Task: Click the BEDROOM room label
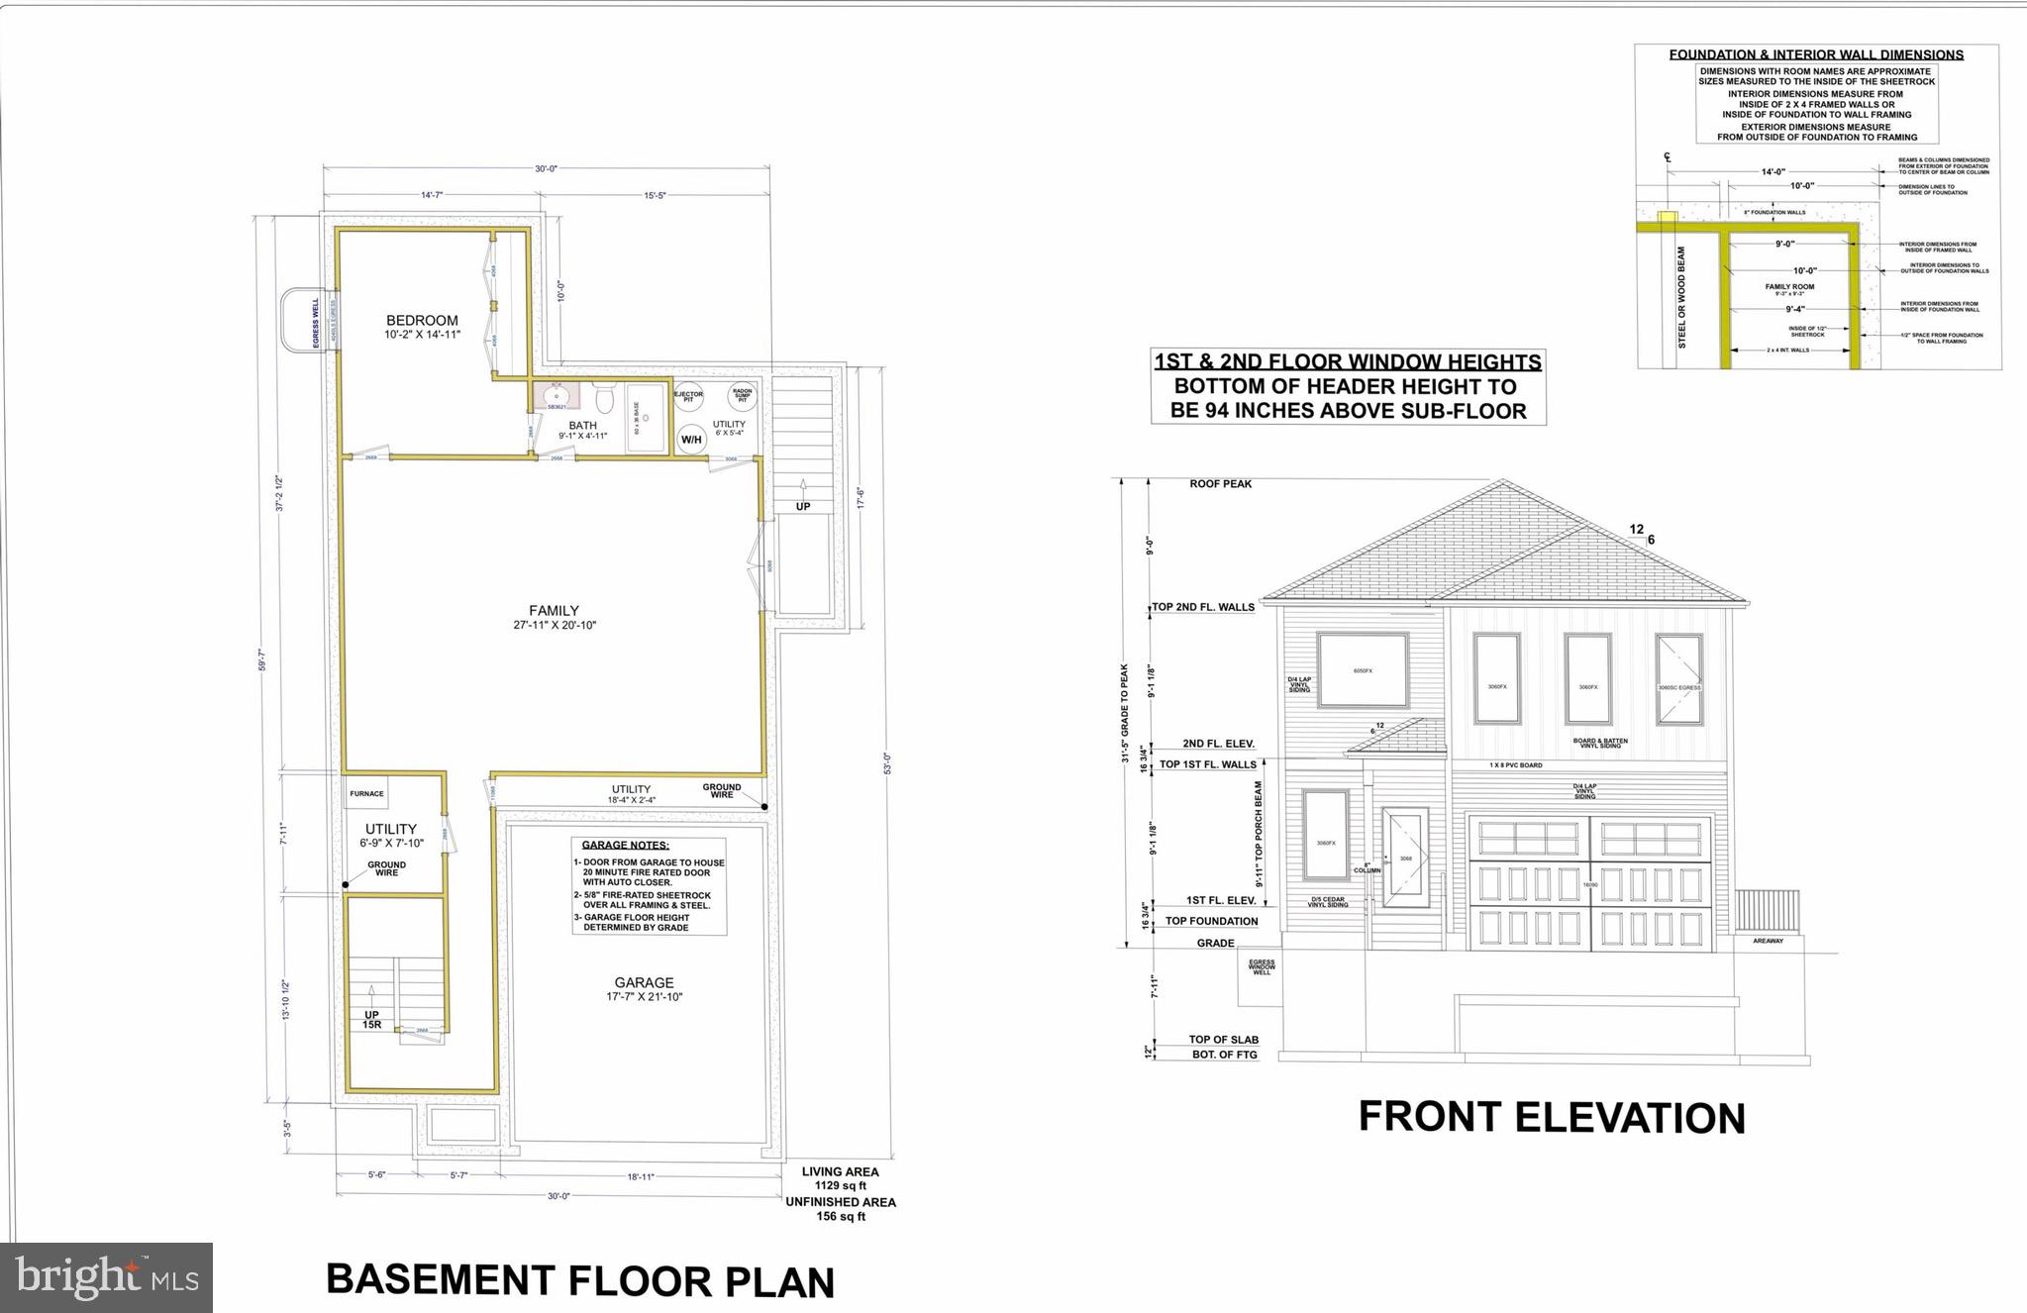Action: pyautogui.click(x=422, y=321)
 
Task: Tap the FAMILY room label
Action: pyautogui.click(x=554, y=611)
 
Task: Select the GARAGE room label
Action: pyautogui.click(x=644, y=983)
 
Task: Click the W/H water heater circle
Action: pyautogui.click(x=691, y=440)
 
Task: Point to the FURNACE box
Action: pyautogui.click(x=366, y=794)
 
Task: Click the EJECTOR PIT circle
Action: pyautogui.click(x=688, y=395)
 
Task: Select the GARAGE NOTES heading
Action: pyautogui.click(x=625, y=846)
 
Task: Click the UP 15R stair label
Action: pyautogui.click(x=372, y=1020)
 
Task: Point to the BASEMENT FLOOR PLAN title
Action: pyautogui.click(x=580, y=1280)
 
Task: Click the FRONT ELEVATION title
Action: pyautogui.click(x=1551, y=1117)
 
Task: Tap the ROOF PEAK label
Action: pyautogui.click(x=1220, y=484)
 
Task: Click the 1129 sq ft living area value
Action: pyautogui.click(x=840, y=1185)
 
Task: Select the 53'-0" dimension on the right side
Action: pyautogui.click(x=887, y=763)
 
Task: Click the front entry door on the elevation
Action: pyautogui.click(x=1405, y=858)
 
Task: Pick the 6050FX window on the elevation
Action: pyautogui.click(x=1364, y=670)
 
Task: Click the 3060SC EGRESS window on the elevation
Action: pyautogui.click(x=1678, y=678)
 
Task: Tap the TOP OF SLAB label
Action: pyautogui.click(x=1223, y=1040)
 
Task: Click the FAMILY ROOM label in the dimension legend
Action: pyautogui.click(x=1789, y=287)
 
